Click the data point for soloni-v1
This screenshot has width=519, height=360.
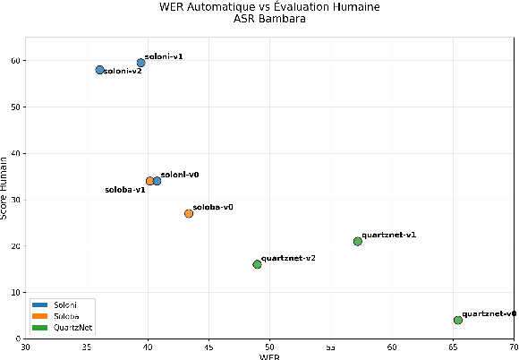pos(140,63)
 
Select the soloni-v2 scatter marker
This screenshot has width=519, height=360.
pos(99,70)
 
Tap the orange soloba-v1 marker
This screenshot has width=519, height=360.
pos(150,181)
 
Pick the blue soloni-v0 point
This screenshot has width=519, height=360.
pos(157,181)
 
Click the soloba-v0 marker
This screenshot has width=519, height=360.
pos(189,213)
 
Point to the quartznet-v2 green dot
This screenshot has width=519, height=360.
pos(257,264)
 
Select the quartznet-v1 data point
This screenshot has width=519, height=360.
pos(358,241)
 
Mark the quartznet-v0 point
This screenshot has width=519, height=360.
pos(458,320)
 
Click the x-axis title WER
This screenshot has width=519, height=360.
pos(269,356)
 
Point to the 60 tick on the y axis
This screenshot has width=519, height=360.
pos(17,61)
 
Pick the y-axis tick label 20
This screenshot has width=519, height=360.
pos(17,246)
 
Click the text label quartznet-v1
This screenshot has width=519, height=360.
pos(389,235)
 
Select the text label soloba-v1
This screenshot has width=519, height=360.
pos(125,190)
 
